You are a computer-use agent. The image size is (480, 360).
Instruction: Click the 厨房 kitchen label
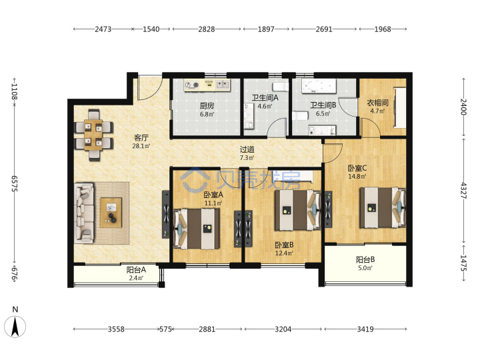pyautogui.click(x=207, y=106)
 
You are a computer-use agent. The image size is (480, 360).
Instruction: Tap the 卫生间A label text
pyautogui.click(x=265, y=97)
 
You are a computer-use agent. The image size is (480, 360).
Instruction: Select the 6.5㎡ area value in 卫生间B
pyautogui.click(x=323, y=113)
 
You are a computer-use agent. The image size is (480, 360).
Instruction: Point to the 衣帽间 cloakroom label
pyautogui.click(x=377, y=103)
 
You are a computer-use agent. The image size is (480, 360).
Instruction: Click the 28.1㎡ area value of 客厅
pyautogui.click(x=141, y=146)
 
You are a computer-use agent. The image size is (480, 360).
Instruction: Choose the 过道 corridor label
pyautogui.click(x=247, y=149)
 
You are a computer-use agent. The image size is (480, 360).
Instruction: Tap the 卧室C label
pyautogui.click(x=357, y=168)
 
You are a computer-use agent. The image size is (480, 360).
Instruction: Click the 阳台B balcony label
pyautogui.click(x=365, y=259)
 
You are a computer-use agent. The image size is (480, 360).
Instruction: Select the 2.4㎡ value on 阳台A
pyautogui.click(x=136, y=278)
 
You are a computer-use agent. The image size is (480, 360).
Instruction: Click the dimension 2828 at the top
pyautogui.click(x=206, y=29)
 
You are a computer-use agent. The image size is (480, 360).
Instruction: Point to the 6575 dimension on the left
pyautogui.click(x=15, y=184)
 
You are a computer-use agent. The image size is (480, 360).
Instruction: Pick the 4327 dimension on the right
pyautogui.click(x=464, y=191)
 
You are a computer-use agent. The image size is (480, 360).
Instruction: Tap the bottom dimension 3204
pyautogui.click(x=283, y=329)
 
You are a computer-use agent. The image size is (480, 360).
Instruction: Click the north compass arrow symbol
pyautogui.click(x=15, y=327)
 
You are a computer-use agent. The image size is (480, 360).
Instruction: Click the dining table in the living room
pyautogui.click(x=93, y=135)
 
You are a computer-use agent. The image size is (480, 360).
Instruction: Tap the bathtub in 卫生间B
pyautogui.click(x=319, y=87)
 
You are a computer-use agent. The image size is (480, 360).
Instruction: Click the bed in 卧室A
pyautogui.click(x=197, y=229)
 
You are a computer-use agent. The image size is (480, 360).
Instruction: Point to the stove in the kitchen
pyautogui.click(x=191, y=85)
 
